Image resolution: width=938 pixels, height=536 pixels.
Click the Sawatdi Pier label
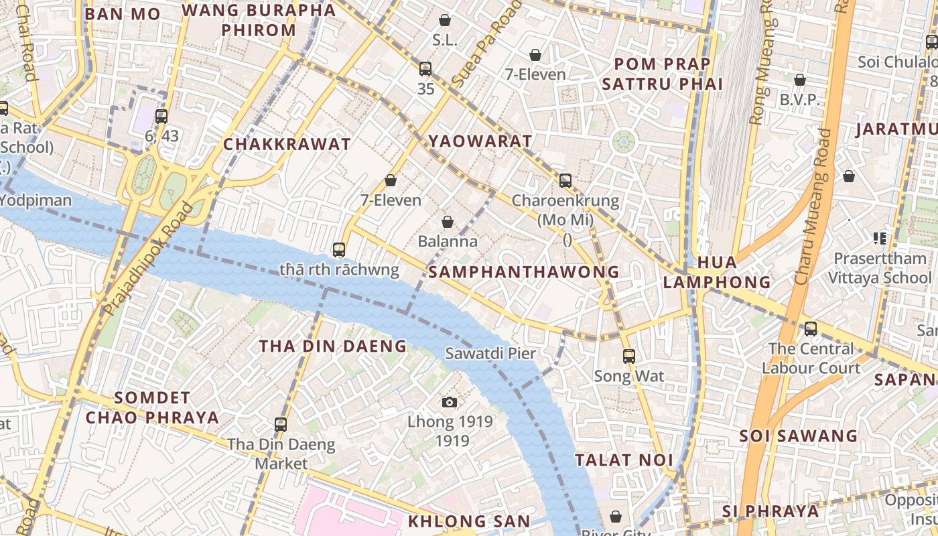[491, 353]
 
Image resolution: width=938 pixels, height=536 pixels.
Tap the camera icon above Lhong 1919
[450, 402]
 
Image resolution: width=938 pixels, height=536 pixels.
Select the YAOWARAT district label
[481, 141]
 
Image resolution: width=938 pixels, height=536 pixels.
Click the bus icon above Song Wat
[628, 356]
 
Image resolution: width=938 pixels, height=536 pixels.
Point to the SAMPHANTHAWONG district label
[523, 272]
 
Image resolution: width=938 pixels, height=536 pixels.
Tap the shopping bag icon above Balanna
[448, 222]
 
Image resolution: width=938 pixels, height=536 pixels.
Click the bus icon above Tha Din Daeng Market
[281, 424]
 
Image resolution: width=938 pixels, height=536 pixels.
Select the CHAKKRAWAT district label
[287, 144]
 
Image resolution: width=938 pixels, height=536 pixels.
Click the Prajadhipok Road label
[149, 258]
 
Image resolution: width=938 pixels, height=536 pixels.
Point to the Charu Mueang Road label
[813, 208]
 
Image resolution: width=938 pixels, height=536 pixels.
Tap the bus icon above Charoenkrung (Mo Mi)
[565, 180]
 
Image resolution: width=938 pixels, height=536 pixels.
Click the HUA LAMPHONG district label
[717, 272]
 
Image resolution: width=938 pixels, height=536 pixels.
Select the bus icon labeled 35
[425, 68]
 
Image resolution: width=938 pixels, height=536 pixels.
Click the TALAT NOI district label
[624, 460]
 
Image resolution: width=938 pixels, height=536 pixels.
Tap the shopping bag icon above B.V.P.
[800, 80]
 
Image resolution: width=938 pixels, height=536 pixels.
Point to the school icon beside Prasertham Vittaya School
[880, 238]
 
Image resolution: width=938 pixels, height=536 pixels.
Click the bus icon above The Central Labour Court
[811, 328]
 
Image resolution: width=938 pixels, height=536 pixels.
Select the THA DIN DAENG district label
[333, 346]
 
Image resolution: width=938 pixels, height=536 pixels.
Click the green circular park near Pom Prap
[624, 141]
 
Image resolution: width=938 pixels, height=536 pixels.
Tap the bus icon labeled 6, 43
[161, 116]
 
